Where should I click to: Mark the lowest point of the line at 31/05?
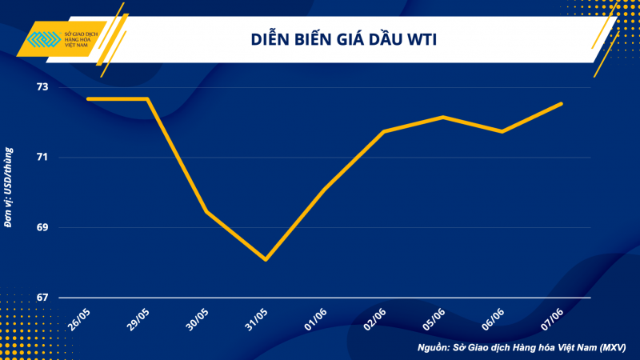point(265,260)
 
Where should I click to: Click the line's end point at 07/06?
point(562,103)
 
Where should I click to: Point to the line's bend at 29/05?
point(147,98)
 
